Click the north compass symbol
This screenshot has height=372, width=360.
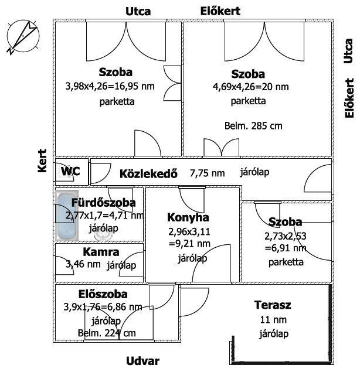23,36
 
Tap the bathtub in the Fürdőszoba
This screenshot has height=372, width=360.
67,216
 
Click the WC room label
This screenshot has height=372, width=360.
70,171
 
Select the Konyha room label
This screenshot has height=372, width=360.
188,217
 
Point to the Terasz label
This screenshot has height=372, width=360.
273,305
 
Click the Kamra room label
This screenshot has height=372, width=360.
101,252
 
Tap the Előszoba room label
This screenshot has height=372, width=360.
103,294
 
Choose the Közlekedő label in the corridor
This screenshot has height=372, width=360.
149,173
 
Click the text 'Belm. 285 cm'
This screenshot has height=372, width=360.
253,126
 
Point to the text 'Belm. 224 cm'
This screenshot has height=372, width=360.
107,333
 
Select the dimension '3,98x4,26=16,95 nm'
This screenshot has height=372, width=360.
110,86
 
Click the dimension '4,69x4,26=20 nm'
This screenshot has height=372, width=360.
251,87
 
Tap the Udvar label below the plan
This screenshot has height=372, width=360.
142,361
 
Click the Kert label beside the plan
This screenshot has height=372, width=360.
42,161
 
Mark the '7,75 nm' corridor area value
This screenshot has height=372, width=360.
208,173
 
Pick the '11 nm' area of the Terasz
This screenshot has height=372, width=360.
273,320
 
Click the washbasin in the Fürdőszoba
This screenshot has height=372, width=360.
103,236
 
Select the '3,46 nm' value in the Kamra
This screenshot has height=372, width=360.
83,264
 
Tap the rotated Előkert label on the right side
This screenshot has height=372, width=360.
349,98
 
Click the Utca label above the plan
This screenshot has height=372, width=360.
138,12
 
